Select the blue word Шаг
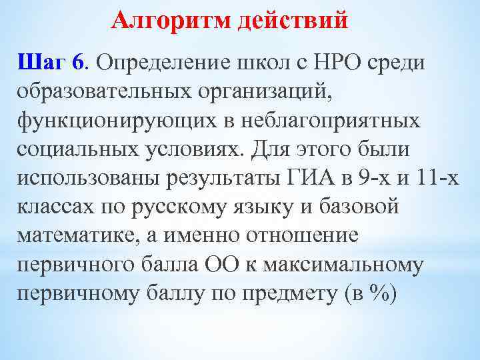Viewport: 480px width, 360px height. click(43, 63)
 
